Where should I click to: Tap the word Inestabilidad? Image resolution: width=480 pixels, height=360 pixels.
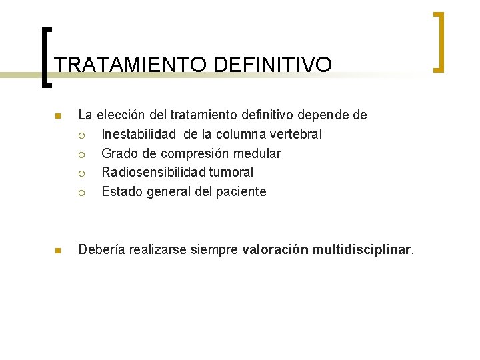coord(139,134)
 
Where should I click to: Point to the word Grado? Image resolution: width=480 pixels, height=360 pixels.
coord(120,153)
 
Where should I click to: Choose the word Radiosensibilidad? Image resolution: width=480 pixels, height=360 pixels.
coord(153,172)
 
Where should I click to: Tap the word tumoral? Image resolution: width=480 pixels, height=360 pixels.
coord(231,172)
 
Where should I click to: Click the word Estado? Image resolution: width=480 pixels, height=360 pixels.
coord(121,191)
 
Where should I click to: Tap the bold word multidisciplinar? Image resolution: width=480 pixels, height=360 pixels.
coord(362,250)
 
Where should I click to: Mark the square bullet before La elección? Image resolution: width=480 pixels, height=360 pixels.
coord(57,117)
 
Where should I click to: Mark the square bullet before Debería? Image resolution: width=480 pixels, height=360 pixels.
coord(57,251)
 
